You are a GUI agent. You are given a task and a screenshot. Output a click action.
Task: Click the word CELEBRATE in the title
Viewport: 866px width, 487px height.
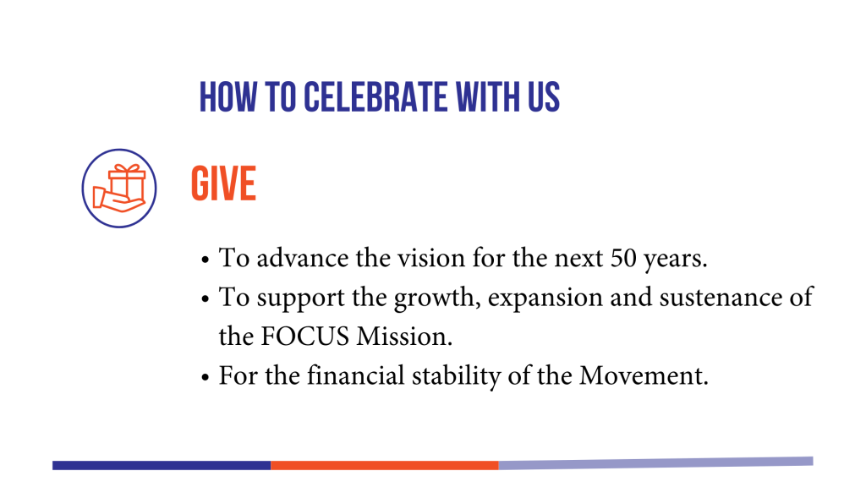375,97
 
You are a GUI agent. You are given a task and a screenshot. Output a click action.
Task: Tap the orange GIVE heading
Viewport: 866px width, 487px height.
223,183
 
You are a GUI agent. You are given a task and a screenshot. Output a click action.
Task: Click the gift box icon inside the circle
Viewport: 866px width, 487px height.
119,189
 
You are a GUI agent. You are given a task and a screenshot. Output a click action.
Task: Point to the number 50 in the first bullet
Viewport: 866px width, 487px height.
623,258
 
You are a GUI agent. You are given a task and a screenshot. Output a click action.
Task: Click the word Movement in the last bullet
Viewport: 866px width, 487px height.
644,375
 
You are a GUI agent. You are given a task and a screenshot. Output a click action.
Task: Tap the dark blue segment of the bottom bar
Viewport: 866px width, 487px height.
162,466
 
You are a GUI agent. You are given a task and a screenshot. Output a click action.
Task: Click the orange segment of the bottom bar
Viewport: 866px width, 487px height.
385,466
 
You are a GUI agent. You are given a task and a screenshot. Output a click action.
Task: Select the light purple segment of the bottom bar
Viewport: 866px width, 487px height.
655,463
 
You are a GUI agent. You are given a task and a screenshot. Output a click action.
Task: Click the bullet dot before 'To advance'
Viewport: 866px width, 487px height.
206,260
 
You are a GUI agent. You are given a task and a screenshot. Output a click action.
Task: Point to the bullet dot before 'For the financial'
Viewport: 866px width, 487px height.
206,377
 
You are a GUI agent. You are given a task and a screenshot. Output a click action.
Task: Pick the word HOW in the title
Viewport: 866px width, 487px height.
228,97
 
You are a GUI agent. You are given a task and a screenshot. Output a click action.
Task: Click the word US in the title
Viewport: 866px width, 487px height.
544,97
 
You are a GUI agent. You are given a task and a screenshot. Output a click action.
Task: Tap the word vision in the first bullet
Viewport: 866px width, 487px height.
424,258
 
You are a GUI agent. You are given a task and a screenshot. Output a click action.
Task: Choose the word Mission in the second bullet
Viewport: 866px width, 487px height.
404,337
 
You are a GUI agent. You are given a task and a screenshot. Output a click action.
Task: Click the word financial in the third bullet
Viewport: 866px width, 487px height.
356,375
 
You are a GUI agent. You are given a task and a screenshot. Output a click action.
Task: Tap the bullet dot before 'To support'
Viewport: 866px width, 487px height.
206,298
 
